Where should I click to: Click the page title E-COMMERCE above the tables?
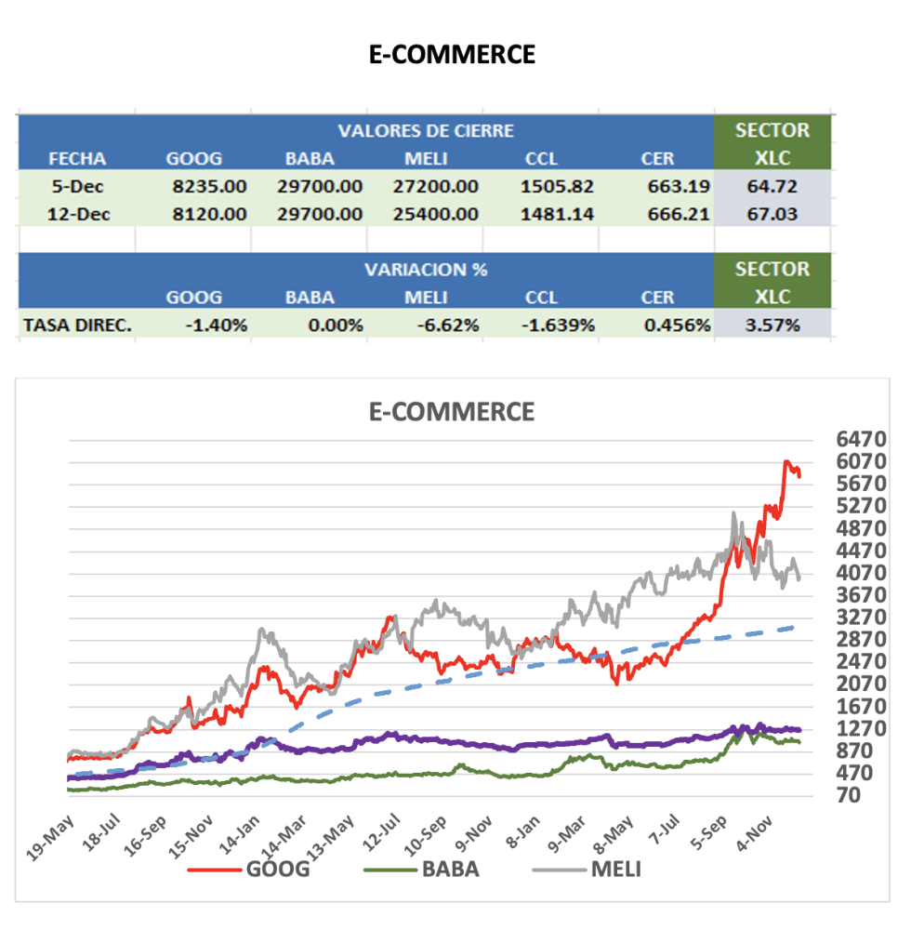(x=452, y=54)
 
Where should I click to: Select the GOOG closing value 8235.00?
(x=209, y=186)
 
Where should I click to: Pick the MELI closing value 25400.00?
(x=441, y=214)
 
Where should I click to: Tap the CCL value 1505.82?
(x=559, y=186)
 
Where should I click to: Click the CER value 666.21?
(x=679, y=214)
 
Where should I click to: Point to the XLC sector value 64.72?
(x=772, y=186)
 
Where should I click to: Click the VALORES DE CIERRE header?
(x=426, y=130)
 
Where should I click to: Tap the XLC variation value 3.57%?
(x=772, y=325)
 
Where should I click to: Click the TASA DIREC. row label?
(x=78, y=325)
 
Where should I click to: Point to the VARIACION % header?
(x=426, y=270)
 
